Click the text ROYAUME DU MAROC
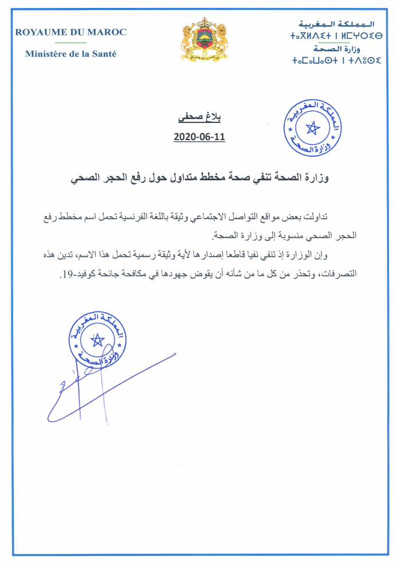(x=71, y=32)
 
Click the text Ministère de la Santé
(x=71, y=54)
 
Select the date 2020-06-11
(x=200, y=137)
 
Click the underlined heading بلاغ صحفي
(x=200, y=119)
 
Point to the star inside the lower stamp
(x=98, y=341)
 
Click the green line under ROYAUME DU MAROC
(x=71, y=42)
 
